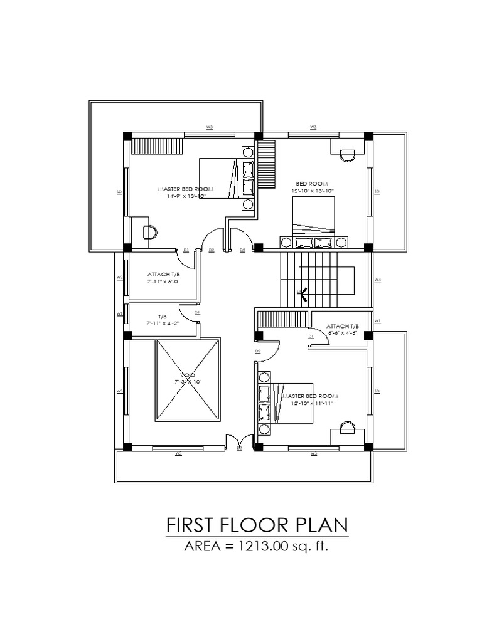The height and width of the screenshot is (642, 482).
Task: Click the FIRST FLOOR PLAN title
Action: (x=257, y=525)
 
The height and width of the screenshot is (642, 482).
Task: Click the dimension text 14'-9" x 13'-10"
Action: (x=187, y=196)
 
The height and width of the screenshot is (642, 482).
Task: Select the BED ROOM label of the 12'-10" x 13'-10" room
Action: (x=312, y=183)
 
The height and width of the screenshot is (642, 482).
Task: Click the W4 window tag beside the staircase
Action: (x=377, y=280)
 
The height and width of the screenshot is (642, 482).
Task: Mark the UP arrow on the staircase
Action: (x=303, y=293)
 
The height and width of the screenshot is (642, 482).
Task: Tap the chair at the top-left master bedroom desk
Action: (x=150, y=232)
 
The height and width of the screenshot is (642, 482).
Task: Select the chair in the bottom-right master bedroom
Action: (x=347, y=427)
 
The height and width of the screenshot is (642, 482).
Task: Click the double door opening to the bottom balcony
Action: (x=238, y=442)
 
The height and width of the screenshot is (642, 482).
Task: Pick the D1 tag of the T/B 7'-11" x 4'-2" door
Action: (x=197, y=312)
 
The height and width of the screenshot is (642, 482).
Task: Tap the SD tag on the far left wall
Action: (x=119, y=192)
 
